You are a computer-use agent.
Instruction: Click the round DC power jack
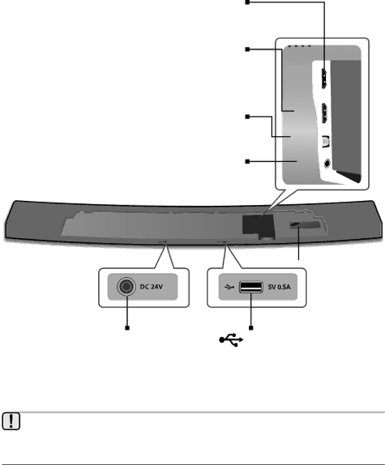coord(126,287)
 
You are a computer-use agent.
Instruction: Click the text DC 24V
coord(152,287)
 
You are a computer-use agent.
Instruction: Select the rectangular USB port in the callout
coord(251,287)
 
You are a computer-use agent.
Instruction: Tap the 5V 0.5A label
coord(279,287)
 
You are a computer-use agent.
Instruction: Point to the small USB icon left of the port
coord(229,287)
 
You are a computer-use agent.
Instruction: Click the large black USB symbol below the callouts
coord(231,339)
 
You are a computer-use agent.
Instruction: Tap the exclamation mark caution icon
coord(11,420)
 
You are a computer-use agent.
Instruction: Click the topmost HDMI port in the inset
coord(324,79)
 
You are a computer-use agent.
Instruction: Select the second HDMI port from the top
coord(325,113)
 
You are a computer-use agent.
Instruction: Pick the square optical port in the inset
coord(326,142)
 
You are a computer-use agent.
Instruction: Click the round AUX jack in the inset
coord(327,163)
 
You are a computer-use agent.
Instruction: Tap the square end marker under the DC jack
coord(127,328)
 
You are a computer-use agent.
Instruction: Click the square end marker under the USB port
coord(251,328)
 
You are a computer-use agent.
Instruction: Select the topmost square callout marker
coord(247,2)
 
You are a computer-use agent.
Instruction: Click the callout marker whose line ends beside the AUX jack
coord(247,161)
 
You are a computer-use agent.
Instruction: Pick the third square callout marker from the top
coord(247,117)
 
